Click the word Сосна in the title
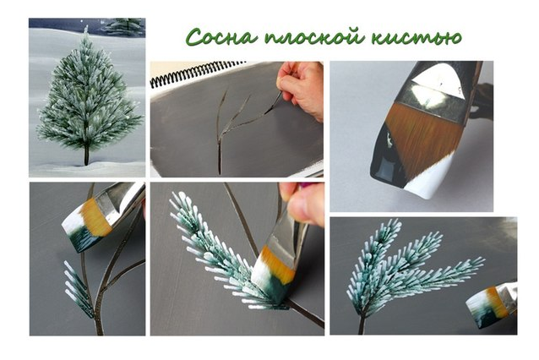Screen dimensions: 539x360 click(x=220, y=36)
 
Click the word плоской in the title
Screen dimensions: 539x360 click(x=313, y=36)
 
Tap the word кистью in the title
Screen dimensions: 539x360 click(x=416, y=37)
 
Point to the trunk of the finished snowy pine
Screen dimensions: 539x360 click(x=86, y=154)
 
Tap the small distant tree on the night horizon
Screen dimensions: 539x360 click(x=124, y=26)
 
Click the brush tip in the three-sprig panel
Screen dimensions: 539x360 click(x=487, y=305)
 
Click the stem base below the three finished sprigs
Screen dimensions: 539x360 click(x=362, y=324)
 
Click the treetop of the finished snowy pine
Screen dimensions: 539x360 click(x=85, y=30)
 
